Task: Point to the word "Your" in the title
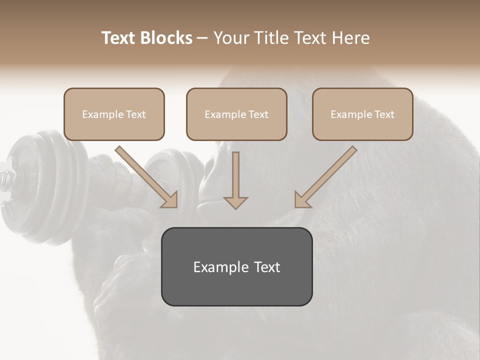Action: [231, 38]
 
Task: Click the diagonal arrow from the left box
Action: [147, 177]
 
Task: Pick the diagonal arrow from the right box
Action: [325, 177]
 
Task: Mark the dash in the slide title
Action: [202, 38]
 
